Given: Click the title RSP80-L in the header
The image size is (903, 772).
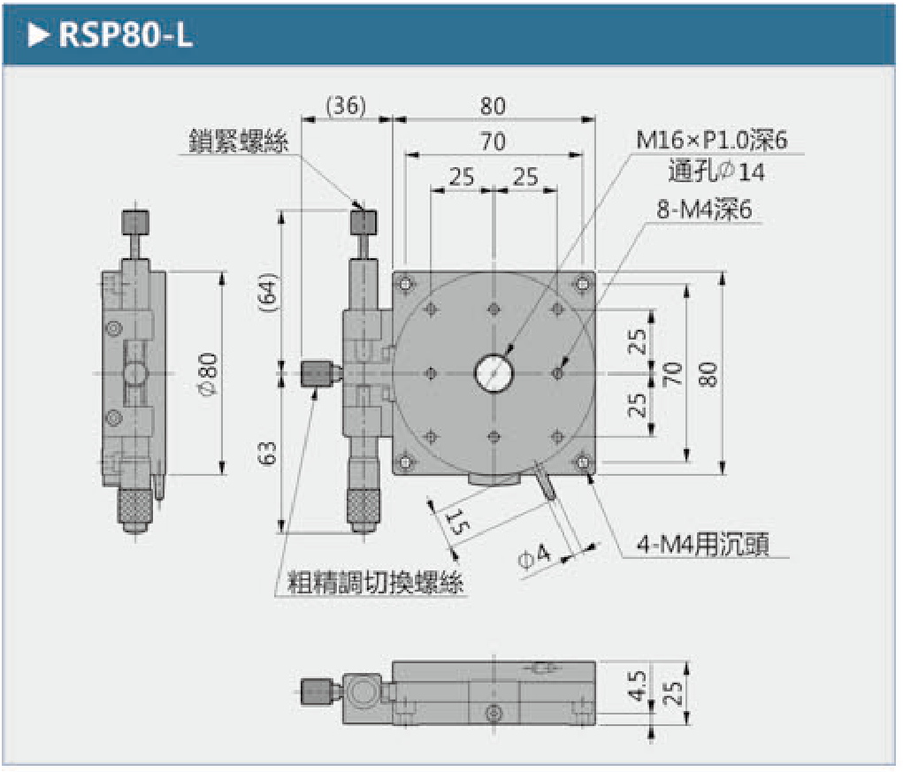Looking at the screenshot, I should [125, 36].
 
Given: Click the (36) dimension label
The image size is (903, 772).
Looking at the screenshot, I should [346, 106].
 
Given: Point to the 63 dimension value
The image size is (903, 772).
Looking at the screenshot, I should [269, 454].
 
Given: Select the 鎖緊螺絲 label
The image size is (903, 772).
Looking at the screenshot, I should [238, 141].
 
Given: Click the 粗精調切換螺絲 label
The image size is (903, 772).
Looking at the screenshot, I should [376, 583].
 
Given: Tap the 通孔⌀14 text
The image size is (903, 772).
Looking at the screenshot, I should [717, 172].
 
